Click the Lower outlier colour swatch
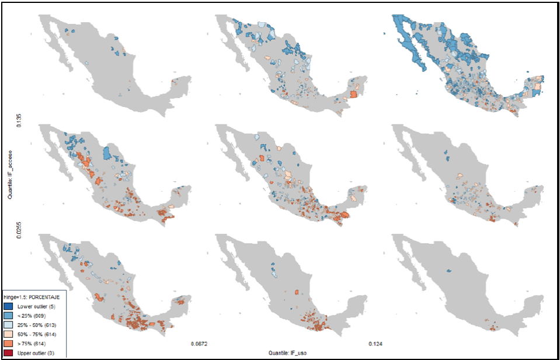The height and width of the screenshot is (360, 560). pyautogui.click(x=8, y=306)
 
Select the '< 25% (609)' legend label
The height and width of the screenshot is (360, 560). pyautogui.click(x=30, y=315)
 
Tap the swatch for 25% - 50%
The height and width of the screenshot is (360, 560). pyautogui.click(x=8, y=324)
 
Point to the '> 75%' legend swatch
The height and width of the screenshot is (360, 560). pyautogui.click(x=8, y=343)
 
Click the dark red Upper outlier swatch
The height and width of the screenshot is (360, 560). pyautogui.click(x=8, y=352)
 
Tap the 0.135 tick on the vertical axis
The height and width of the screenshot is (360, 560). pyautogui.click(x=18, y=121)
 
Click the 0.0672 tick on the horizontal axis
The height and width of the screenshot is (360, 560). pyautogui.click(x=200, y=343)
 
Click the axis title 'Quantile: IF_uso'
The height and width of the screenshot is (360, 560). pyautogui.click(x=287, y=352)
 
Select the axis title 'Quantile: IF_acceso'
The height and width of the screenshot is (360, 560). pyautogui.click(x=11, y=176)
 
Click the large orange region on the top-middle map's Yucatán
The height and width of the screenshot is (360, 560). pyautogui.click(x=353, y=95)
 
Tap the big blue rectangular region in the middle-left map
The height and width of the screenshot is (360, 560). pyautogui.click(x=107, y=154)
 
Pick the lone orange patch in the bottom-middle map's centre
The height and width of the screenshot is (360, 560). pyautogui.click(x=297, y=292)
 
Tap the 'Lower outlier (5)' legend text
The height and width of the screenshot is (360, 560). pyautogui.click(x=34, y=306)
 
